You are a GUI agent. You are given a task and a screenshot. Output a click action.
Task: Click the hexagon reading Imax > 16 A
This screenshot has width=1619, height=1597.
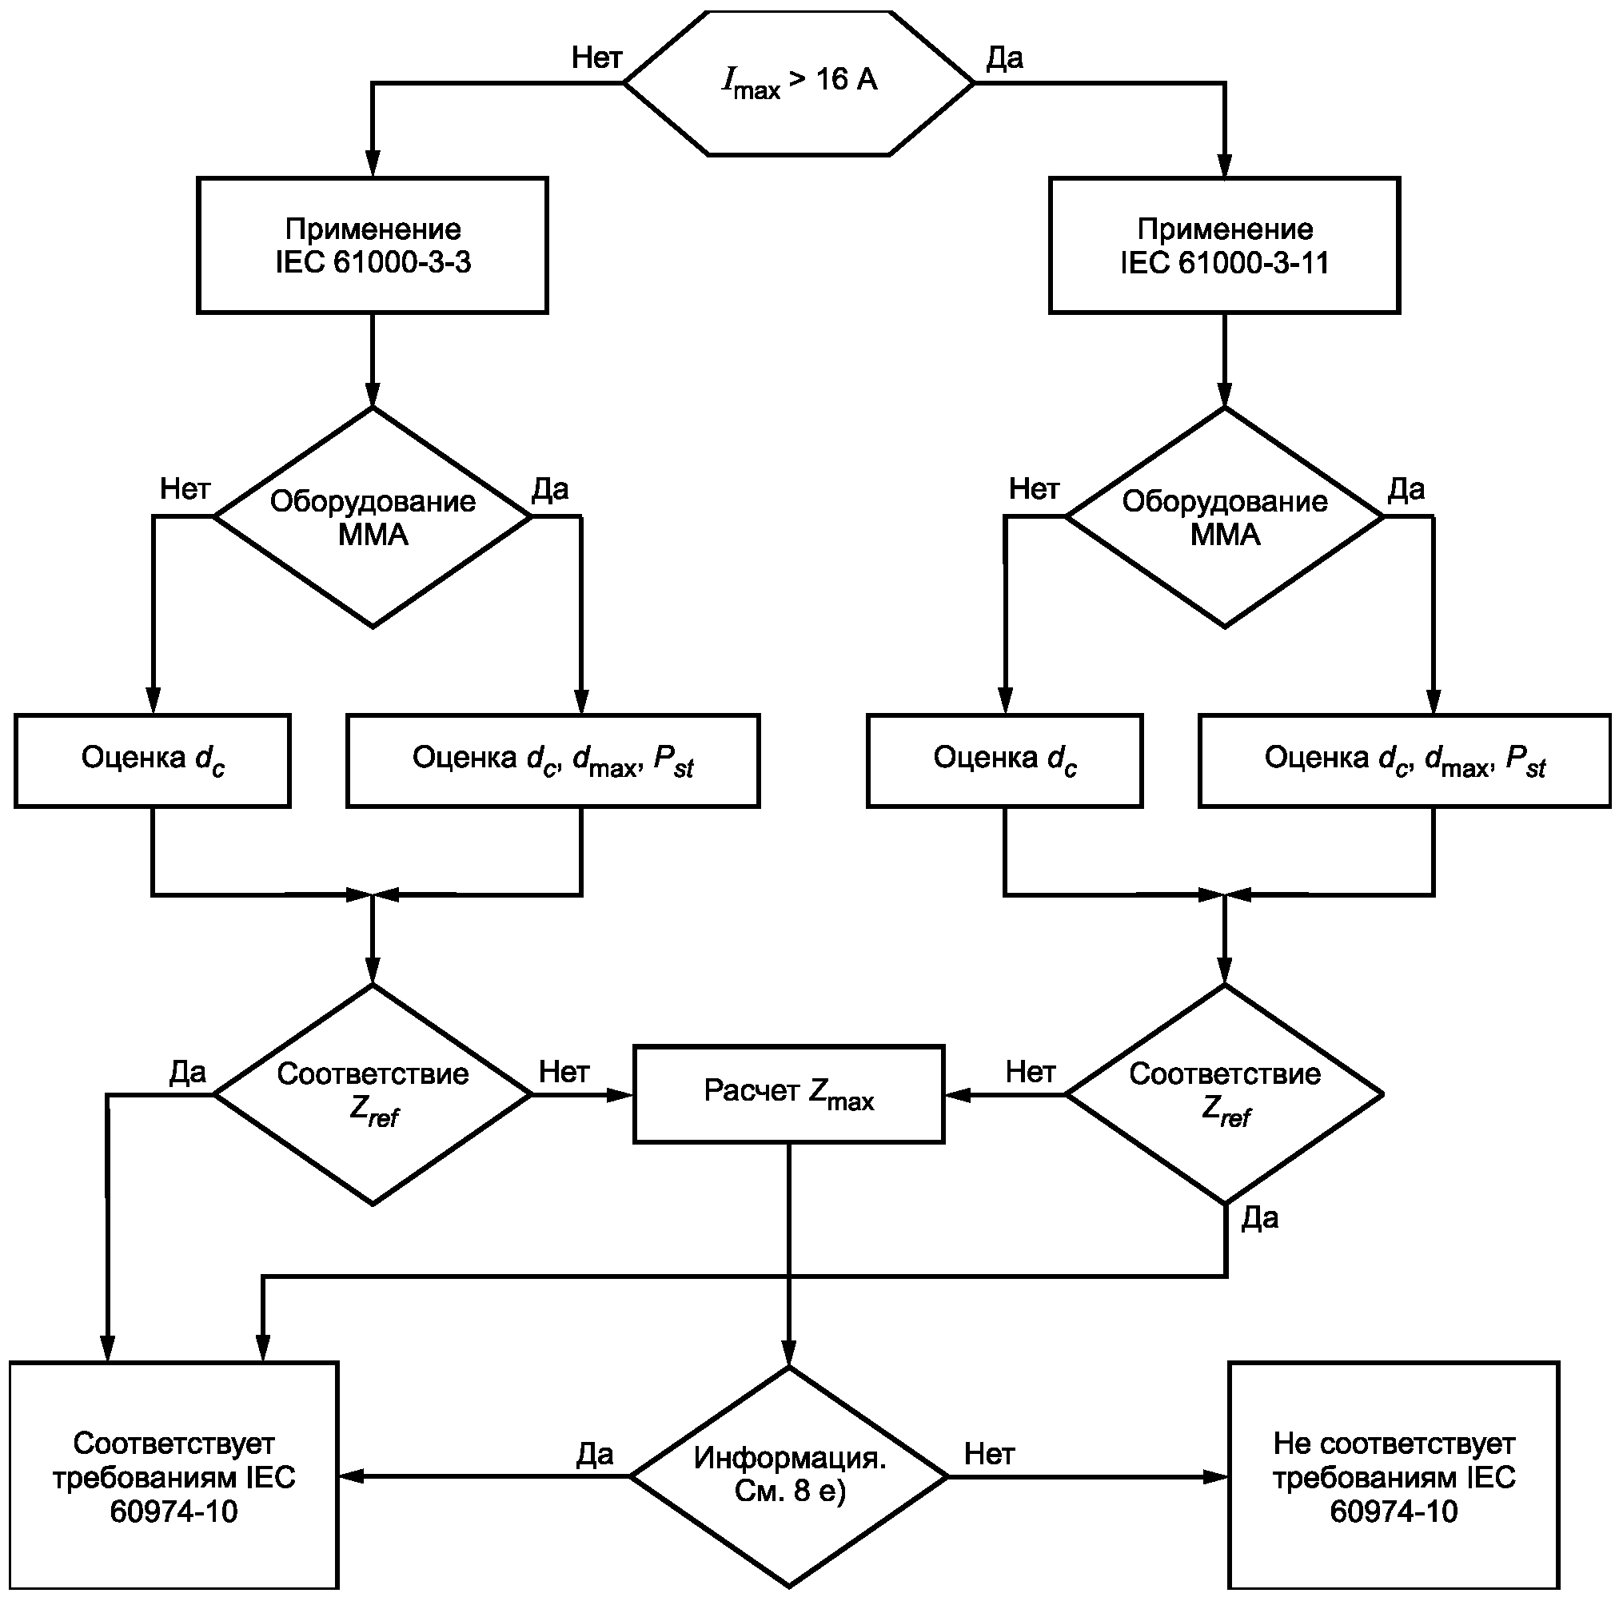[799, 82]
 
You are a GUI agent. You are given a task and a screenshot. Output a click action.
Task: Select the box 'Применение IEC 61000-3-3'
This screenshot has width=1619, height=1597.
[373, 245]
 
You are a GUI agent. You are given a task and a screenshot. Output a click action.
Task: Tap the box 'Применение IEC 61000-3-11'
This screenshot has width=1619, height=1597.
[1224, 245]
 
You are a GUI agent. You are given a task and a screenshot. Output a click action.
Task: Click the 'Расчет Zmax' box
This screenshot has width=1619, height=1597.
[788, 1093]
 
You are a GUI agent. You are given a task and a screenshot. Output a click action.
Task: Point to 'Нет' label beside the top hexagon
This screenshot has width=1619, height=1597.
[596, 57]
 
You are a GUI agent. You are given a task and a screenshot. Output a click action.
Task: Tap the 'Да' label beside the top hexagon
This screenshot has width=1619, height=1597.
[1004, 57]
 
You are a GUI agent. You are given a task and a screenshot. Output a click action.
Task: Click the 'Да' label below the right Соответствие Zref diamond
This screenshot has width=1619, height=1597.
[1259, 1217]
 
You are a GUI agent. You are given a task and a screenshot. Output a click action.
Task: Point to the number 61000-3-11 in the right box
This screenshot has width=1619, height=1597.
[1254, 263]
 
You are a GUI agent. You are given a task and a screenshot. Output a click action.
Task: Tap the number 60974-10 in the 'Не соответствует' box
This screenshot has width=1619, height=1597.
[1394, 1511]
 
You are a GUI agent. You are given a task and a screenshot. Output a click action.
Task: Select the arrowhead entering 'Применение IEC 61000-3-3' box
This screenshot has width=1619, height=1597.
[373, 165]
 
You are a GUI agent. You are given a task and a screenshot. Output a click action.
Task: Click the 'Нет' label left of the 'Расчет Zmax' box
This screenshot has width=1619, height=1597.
[563, 1071]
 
